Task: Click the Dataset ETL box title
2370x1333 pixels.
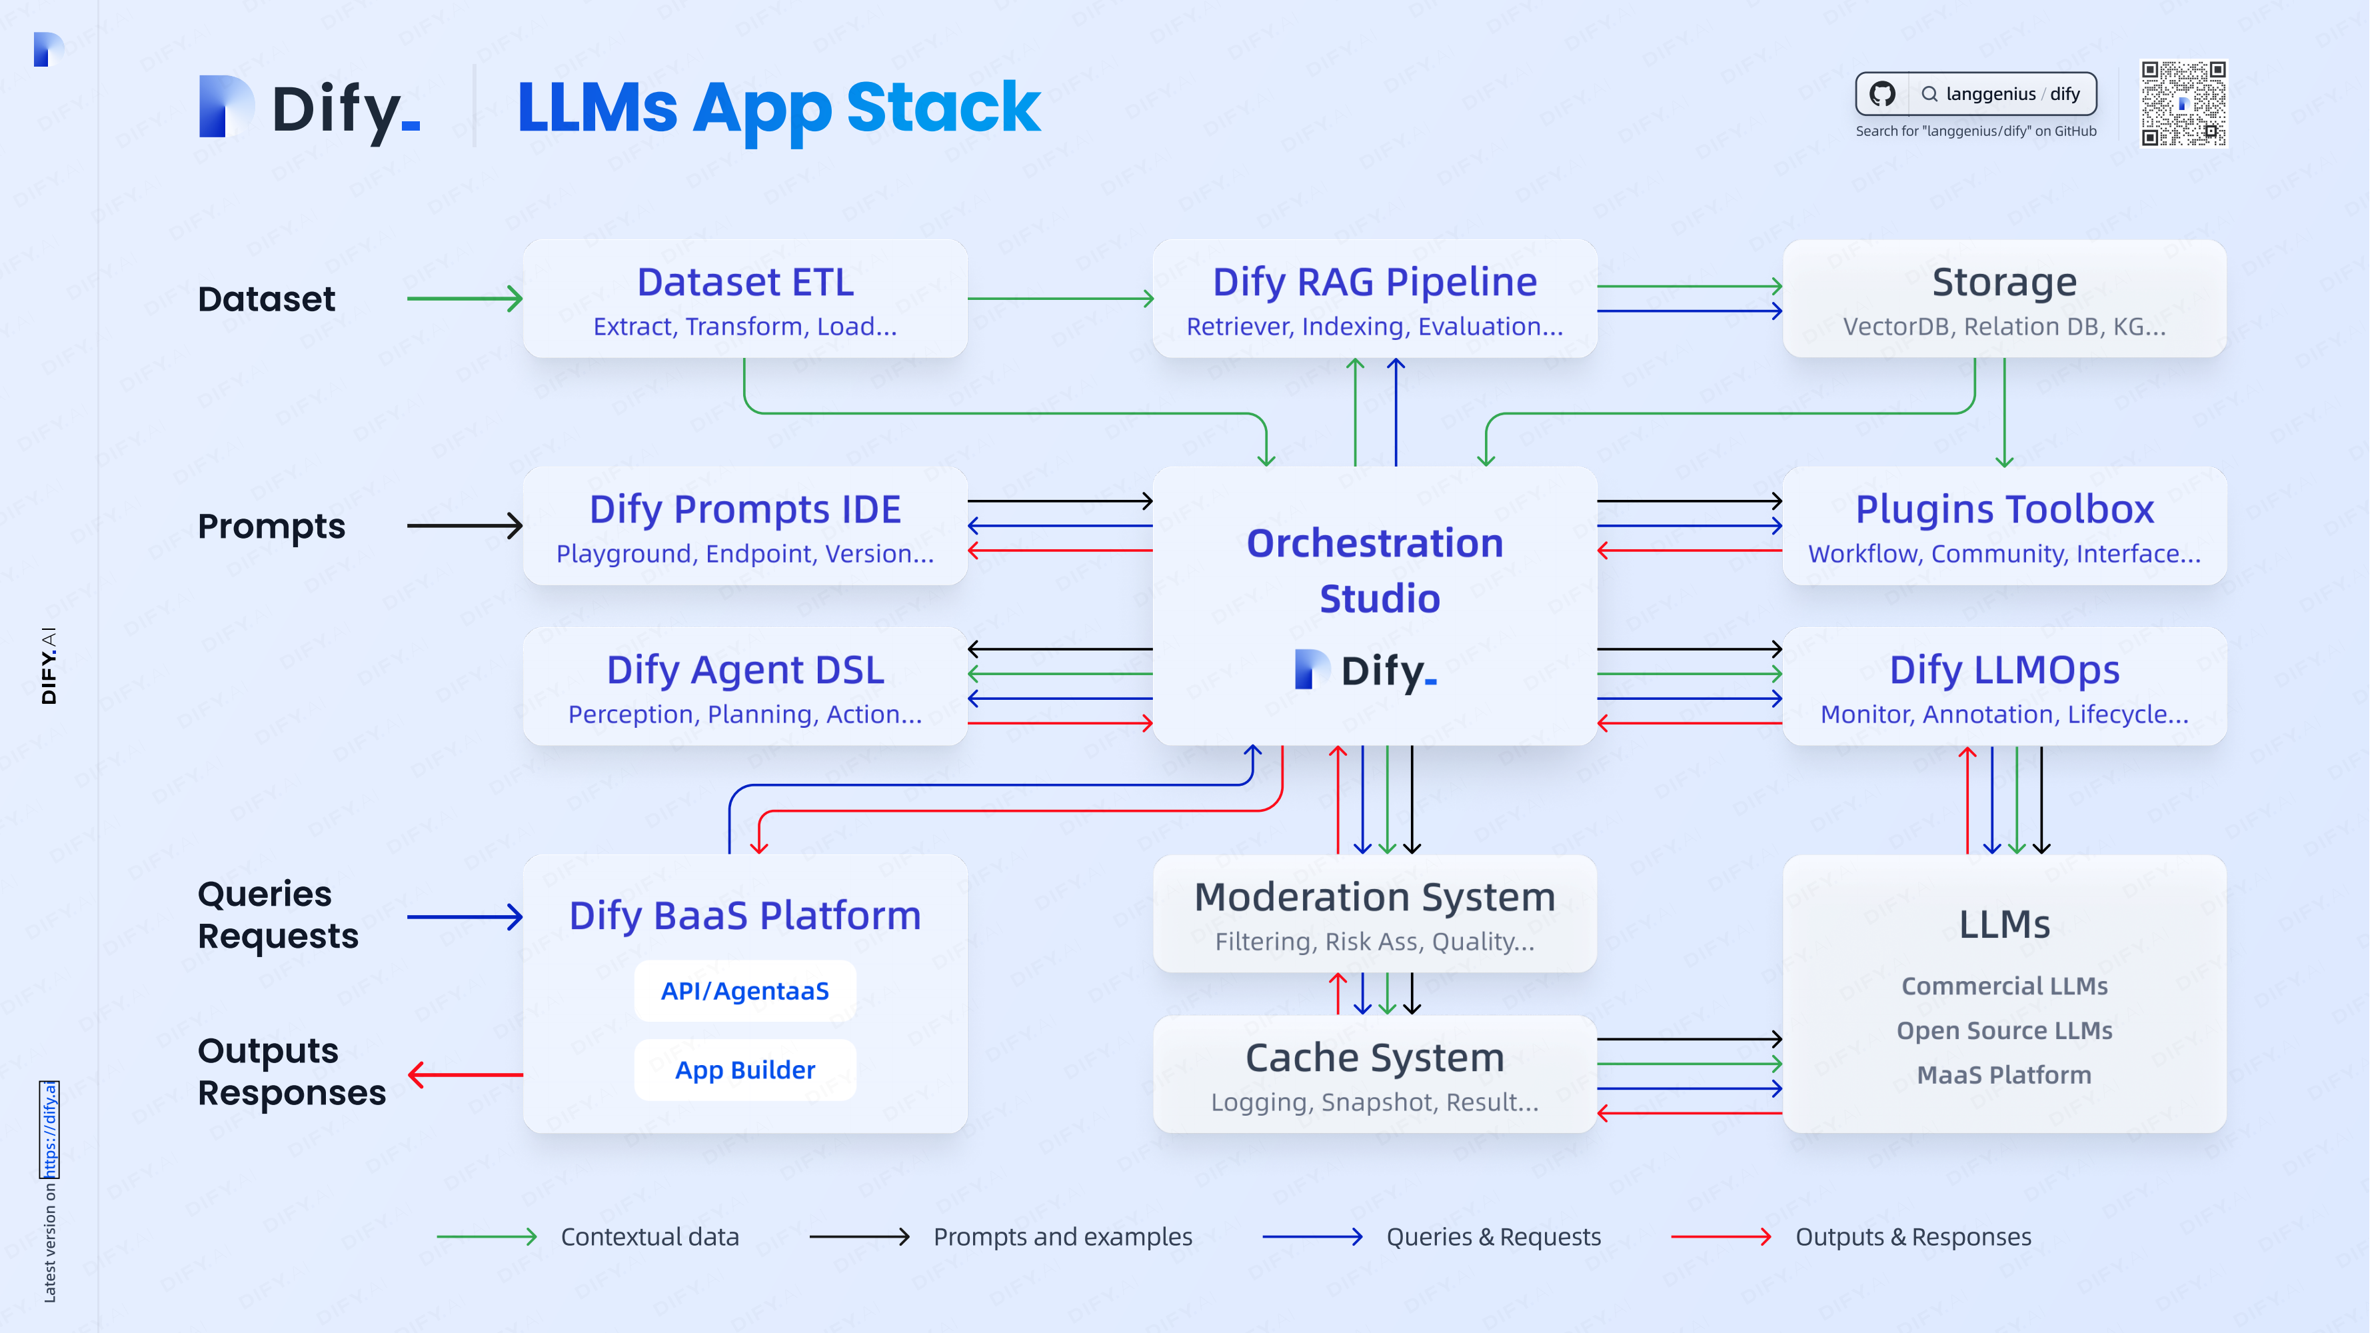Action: click(x=745, y=283)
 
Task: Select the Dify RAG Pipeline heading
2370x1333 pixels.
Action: click(x=1374, y=283)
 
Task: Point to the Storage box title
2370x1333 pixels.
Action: click(x=2004, y=283)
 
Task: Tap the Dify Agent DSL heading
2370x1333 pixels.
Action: click(x=745, y=670)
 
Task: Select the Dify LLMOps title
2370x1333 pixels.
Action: click(x=2004, y=670)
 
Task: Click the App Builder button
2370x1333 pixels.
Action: click(x=745, y=1070)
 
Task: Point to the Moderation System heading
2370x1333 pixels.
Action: click(x=1374, y=897)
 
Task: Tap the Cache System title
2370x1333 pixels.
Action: click(x=1374, y=1058)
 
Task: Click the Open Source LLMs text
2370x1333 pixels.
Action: click(x=2004, y=1030)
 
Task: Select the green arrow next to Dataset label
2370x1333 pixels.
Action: click(x=465, y=299)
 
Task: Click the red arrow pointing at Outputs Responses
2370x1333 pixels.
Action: click(x=465, y=1074)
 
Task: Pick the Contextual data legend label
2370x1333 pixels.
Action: click(x=650, y=1237)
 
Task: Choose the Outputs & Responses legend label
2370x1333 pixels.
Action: click(x=1913, y=1237)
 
